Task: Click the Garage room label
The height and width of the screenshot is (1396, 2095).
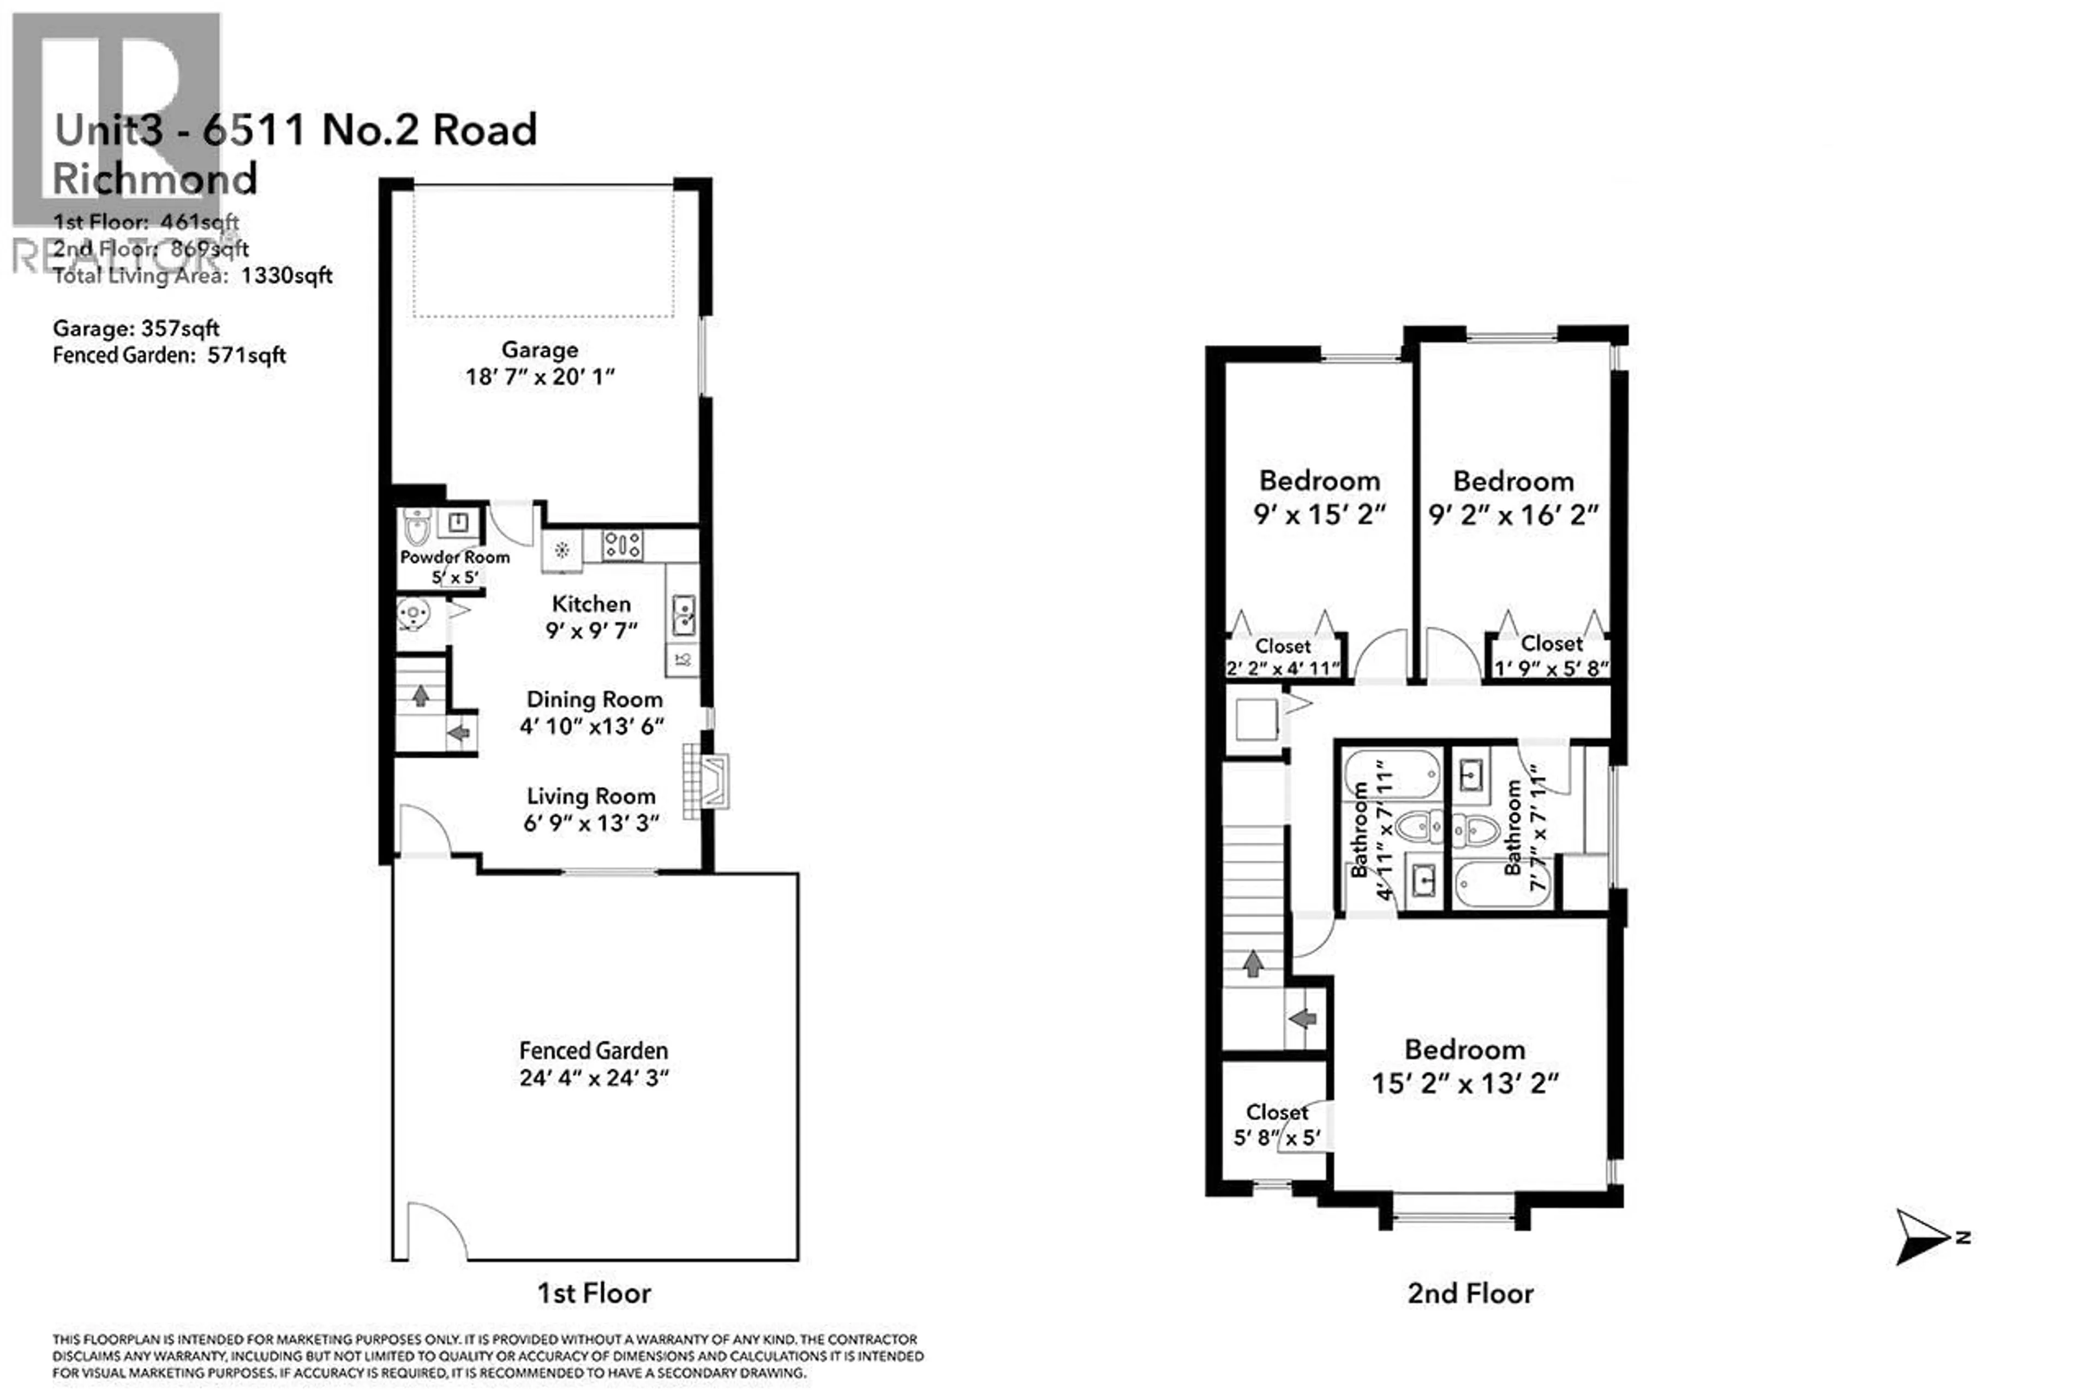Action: [x=538, y=350]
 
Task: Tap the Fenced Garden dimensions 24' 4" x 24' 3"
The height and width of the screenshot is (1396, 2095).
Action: [x=594, y=1078]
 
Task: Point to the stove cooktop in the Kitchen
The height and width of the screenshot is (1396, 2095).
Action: [x=621, y=545]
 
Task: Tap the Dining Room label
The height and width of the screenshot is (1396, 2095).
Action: [x=594, y=700]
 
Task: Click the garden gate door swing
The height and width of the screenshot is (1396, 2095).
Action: [x=436, y=1231]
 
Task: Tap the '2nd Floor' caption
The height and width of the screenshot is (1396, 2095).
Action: [x=1470, y=1293]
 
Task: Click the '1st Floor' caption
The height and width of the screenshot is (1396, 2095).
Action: [x=594, y=1293]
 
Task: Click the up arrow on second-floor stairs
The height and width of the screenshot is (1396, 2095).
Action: [x=1253, y=963]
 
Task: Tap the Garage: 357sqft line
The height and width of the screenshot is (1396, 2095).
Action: [x=135, y=328]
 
